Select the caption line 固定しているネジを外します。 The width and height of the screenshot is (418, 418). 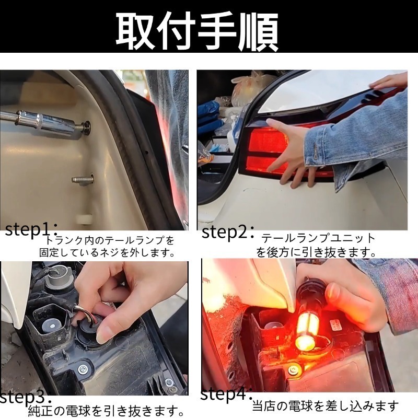click(x=107, y=253)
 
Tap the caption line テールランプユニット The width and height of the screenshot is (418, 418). click(x=318, y=238)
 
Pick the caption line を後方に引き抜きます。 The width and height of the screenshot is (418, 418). click(x=316, y=252)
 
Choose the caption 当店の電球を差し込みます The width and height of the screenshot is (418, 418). click(x=326, y=405)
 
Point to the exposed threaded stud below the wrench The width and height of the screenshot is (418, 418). click(x=84, y=180)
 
